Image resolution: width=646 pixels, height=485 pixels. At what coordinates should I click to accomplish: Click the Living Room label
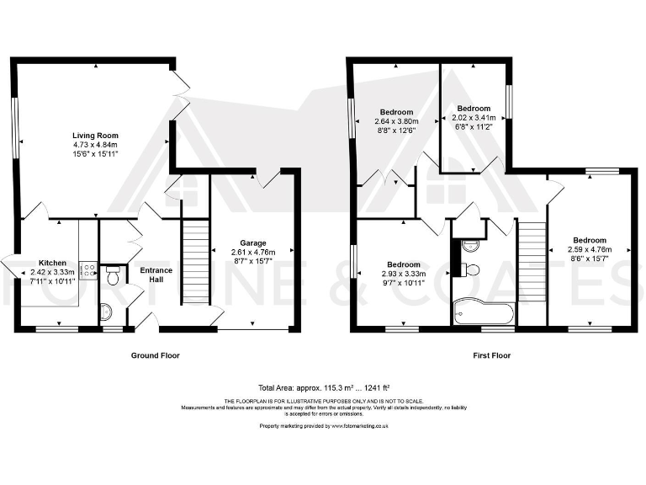pyautogui.click(x=95, y=135)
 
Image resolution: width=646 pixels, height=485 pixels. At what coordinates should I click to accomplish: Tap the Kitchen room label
pyautogui.click(x=29, y=262)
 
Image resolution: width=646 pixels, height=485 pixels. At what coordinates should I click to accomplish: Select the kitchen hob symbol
pyautogui.click(x=87, y=269)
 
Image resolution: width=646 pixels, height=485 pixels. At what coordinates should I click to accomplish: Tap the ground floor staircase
pyautogui.click(x=194, y=261)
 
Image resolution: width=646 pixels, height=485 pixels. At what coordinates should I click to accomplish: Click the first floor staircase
pyautogui.click(x=531, y=261)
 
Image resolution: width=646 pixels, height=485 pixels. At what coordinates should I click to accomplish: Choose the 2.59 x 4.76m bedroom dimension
pyautogui.click(x=589, y=250)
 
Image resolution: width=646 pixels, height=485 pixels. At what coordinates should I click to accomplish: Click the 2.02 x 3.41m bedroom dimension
pyautogui.click(x=474, y=118)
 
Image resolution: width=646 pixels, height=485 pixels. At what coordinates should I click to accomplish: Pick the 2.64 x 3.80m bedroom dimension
pyautogui.click(x=396, y=121)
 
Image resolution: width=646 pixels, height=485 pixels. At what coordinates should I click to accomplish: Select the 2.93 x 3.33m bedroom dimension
pyautogui.click(x=404, y=274)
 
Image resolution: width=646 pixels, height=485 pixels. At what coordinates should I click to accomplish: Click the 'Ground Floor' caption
pyautogui.click(x=155, y=355)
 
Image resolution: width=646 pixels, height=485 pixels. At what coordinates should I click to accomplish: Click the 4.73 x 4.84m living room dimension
pyautogui.click(x=95, y=145)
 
